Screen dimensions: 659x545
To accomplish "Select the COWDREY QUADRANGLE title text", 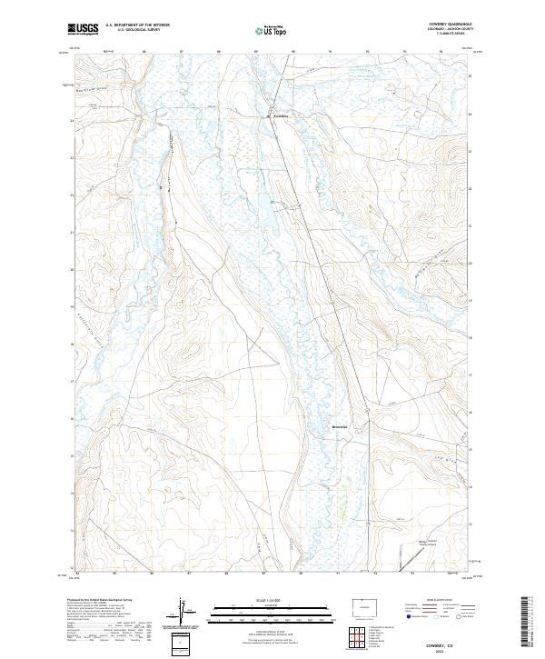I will [454, 25].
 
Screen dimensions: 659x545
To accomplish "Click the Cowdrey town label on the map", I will [281, 116].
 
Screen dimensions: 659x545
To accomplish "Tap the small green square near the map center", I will [270, 201].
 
